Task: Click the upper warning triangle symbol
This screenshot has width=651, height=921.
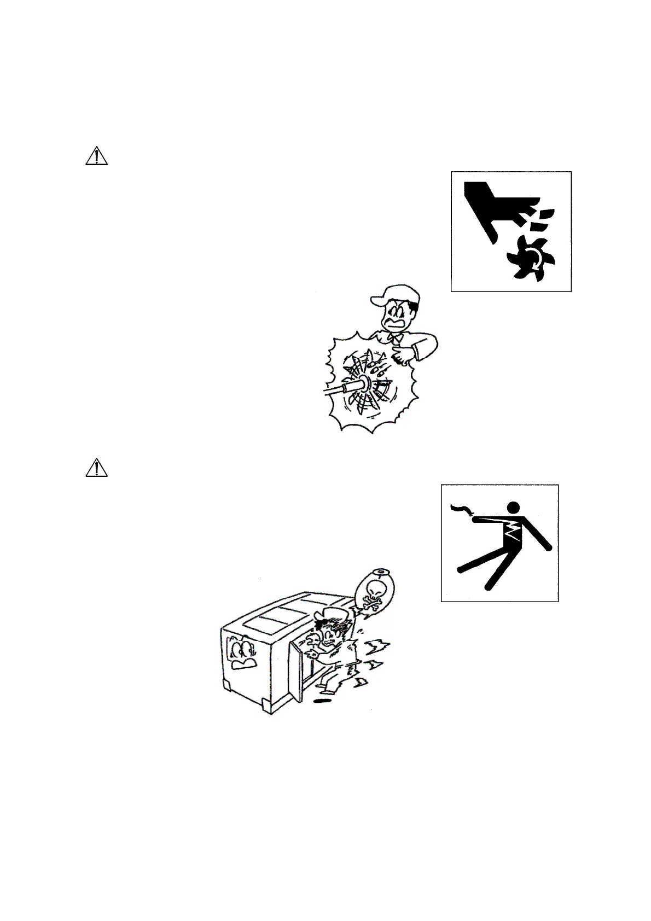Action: (x=96, y=156)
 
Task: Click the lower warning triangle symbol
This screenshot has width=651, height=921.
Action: (x=96, y=468)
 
